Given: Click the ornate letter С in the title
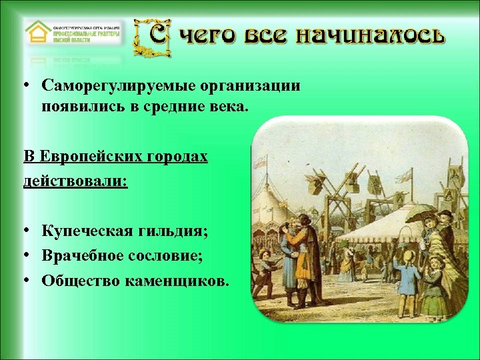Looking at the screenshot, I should pyautogui.click(x=151, y=37).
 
